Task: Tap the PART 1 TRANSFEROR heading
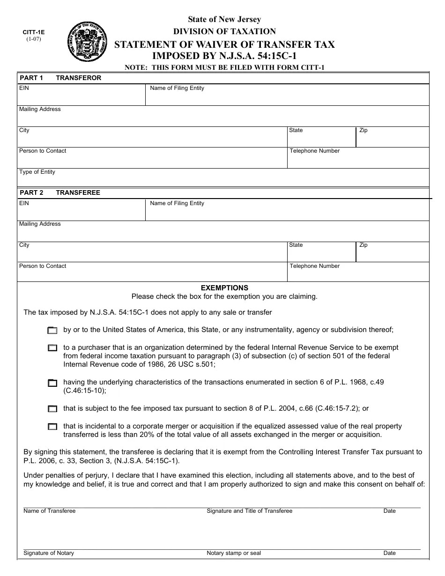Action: (x=60, y=78)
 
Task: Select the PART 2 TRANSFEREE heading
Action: (x=59, y=192)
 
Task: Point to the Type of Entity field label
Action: (x=37, y=172)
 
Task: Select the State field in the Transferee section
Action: (x=321, y=254)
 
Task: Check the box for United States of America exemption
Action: (x=52, y=330)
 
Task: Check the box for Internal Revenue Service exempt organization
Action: (x=52, y=348)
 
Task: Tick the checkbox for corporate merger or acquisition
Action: (x=52, y=427)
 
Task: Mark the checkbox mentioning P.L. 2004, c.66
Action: (x=52, y=409)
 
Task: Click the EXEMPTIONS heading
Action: (x=224, y=288)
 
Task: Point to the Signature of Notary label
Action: (x=49, y=553)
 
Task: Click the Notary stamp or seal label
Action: (x=234, y=553)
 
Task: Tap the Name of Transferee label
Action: (x=49, y=511)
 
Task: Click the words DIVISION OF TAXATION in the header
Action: (x=224, y=31)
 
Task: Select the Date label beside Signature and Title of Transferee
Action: (x=389, y=511)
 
